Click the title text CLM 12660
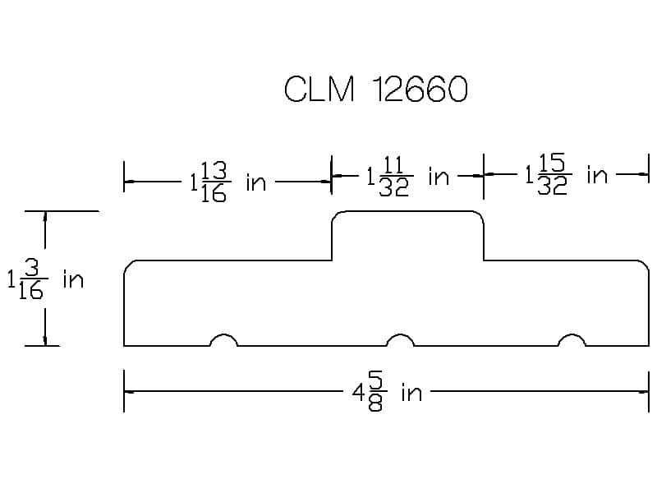click(376, 89)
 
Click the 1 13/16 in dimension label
click(228, 182)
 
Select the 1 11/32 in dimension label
click(408, 176)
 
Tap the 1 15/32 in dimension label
click(567, 174)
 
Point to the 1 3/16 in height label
click(45, 279)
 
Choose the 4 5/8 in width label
click(387, 392)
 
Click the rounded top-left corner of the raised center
click(335, 214)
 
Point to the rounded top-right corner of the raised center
click(480, 214)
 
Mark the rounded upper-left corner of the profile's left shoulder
click(127, 264)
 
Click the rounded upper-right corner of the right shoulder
click(646, 264)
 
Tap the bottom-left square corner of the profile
click(124, 346)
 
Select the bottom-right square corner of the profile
click(649, 346)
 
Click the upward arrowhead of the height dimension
click(45, 217)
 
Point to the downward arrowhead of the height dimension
click(45, 340)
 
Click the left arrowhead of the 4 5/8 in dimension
click(130, 392)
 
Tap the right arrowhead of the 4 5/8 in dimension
click(643, 392)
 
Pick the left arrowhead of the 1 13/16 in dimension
click(130, 182)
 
